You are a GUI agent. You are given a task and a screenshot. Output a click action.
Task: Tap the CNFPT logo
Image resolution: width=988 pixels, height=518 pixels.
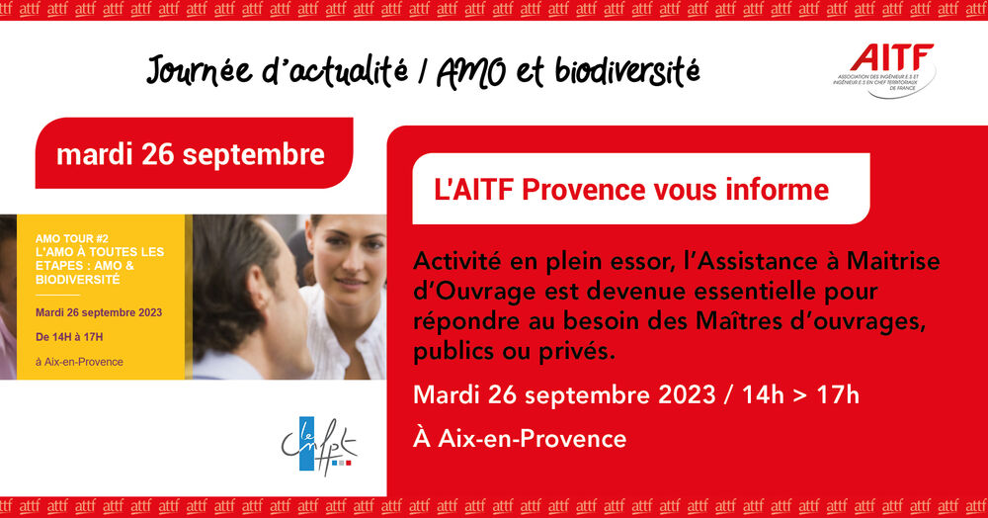tap(319, 446)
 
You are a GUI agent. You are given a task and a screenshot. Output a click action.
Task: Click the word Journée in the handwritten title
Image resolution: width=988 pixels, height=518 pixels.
tap(199, 70)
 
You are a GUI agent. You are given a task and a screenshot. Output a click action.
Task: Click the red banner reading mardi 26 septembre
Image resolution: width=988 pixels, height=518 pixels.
tap(194, 153)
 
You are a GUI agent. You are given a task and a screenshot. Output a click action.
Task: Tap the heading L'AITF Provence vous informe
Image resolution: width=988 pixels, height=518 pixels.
tap(631, 190)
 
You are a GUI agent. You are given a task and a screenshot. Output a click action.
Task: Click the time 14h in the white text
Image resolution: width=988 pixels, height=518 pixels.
tap(763, 395)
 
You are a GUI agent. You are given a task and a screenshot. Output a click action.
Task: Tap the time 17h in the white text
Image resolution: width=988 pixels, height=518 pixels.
tap(838, 395)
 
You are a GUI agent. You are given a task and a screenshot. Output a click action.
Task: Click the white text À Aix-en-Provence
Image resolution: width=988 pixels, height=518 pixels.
tap(520, 438)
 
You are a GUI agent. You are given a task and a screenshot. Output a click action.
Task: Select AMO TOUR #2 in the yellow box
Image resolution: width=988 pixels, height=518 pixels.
tap(72, 238)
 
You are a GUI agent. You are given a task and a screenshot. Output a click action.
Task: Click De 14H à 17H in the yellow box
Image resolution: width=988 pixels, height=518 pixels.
tap(69, 336)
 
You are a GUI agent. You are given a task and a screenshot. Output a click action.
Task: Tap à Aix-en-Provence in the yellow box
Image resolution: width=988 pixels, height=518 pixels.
tap(79, 362)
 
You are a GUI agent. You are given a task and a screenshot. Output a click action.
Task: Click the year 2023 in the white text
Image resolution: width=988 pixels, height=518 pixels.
tap(687, 395)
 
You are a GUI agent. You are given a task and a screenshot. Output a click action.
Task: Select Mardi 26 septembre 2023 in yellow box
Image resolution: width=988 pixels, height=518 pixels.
tap(99, 312)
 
